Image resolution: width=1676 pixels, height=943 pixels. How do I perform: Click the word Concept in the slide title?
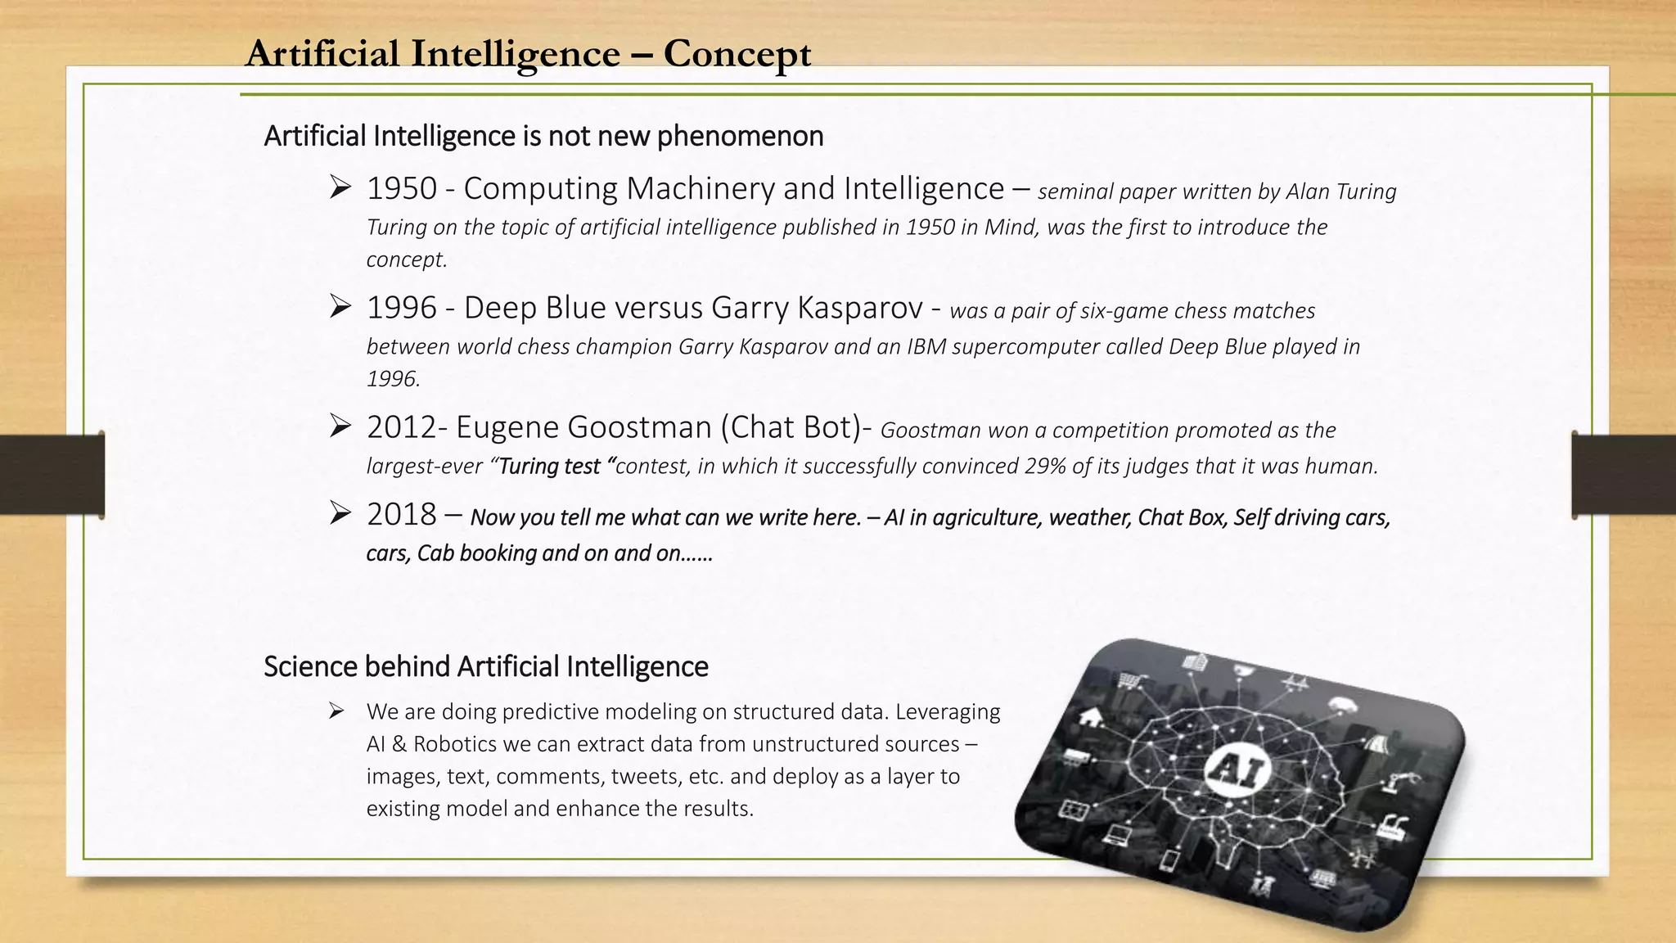[737, 54]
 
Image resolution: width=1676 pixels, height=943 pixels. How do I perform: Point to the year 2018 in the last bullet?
[402, 515]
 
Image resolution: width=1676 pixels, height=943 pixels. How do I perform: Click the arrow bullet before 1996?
[340, 307]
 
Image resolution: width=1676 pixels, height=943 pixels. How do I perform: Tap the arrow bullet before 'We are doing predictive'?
[336, 711]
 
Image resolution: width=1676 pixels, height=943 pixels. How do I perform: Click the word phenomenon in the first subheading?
[740, 136]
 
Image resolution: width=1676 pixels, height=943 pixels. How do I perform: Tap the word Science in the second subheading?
[311, 667]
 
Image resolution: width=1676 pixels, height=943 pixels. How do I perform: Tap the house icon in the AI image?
[1089, 717]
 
